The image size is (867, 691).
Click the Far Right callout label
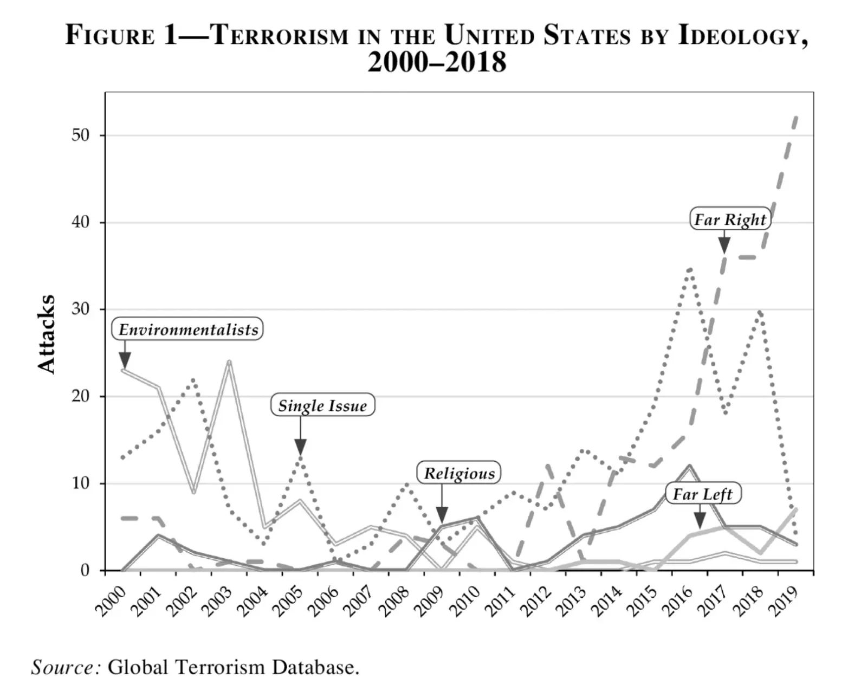(730, 219)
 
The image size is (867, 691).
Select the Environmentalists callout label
(188, 329)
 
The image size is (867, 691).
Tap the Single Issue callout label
(322, 405)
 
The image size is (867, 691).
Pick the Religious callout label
(459, 473)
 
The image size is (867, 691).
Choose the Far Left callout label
(702, 494)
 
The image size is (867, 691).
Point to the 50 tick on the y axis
(80, 135)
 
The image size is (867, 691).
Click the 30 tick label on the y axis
(80, 309)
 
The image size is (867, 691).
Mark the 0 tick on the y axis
(85, 570)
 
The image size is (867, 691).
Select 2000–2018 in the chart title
(437, 62)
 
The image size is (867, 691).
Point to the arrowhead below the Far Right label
(724, 246)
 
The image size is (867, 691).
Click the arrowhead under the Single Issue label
(301, 448)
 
